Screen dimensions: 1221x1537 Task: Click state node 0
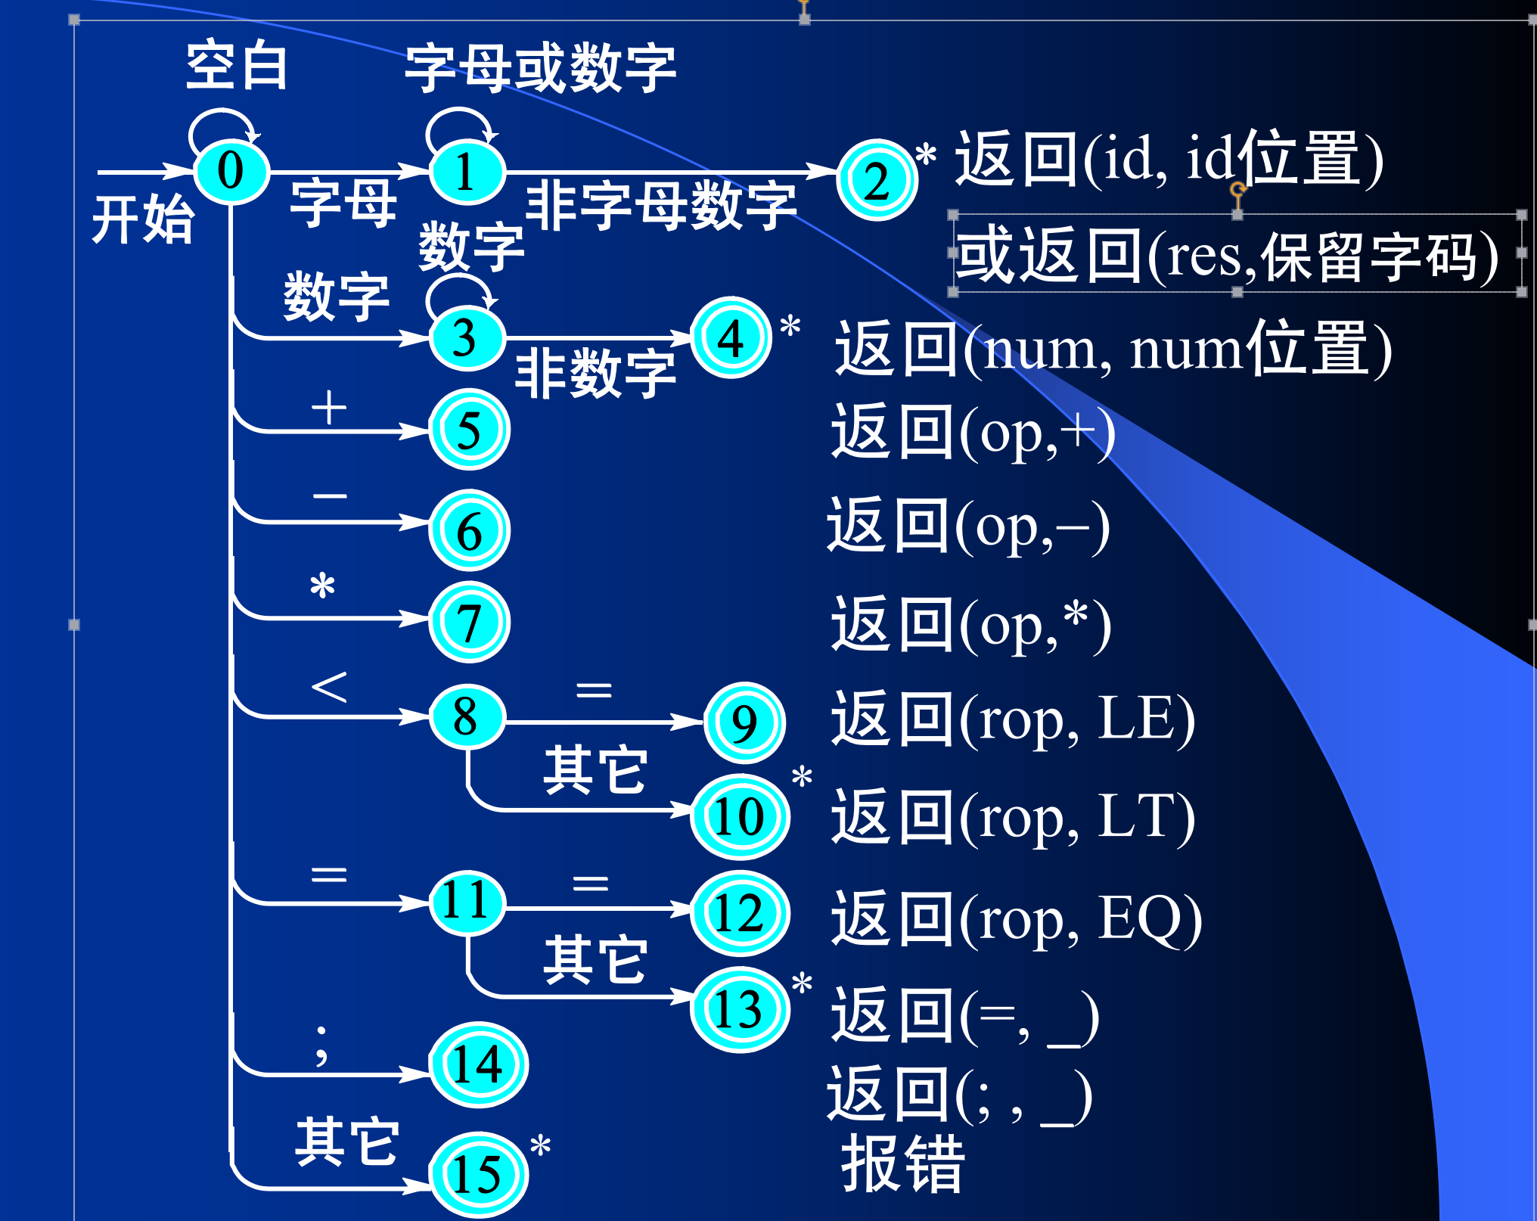click(x=231, y=172)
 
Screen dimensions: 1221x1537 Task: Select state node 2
click(x=877, y=180)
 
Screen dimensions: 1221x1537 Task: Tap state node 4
click(x=731, y=337)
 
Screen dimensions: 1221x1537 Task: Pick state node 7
click(x=469, y=622)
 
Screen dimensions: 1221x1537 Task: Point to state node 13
click(x=740, y=1009)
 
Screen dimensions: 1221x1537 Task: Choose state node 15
click(x=478, y=1174)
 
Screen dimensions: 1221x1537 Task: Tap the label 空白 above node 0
click(x=237, y=67)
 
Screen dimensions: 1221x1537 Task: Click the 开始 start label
click(x=143, y=219)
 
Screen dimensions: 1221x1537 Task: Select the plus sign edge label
click(x=329, y=408)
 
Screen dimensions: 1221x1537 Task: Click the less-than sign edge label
click(x=329, y=687)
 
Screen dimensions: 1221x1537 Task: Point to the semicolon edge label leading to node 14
click(x=322, y=1045)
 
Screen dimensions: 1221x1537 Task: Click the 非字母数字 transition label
click(x=661, y=206)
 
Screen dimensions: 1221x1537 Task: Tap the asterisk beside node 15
click(x=540, y=1145)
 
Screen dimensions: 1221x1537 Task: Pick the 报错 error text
click(x=903, y=1164)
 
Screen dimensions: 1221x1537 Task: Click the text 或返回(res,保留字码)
click(x=1227, y=256)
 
